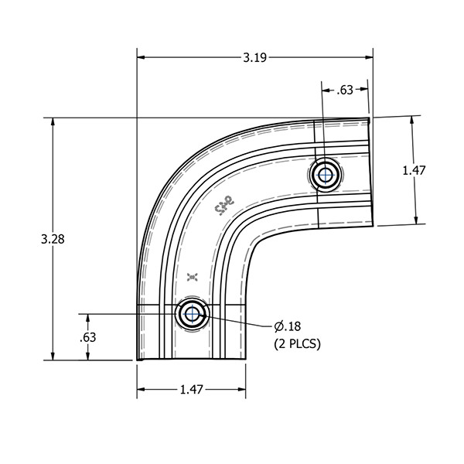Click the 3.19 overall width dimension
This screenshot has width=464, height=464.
point(255,56)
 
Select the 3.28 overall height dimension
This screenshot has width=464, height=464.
point(52,239)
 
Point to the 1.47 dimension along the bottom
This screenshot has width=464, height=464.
point(191,390)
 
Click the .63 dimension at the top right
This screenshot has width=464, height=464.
point(345,90)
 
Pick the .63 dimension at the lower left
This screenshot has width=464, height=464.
point(88,337)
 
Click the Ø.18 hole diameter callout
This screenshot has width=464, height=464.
point(288,326)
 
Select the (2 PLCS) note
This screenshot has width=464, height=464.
point(297,343)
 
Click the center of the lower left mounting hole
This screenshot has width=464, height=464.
point(190,314)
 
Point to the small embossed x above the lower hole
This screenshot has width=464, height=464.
point(193,275)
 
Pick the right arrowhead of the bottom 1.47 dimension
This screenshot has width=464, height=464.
point(242,390)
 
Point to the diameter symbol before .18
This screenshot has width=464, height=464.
point(279,326)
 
